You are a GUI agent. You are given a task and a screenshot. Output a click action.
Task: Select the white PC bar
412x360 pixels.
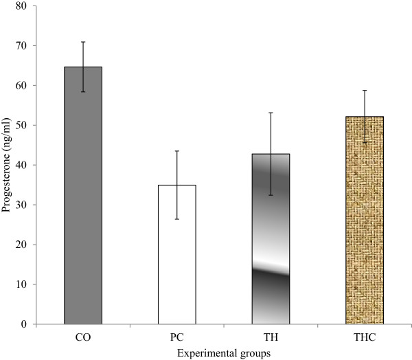coord(177,254)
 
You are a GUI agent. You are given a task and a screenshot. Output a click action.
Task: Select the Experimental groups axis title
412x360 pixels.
coord(224,352)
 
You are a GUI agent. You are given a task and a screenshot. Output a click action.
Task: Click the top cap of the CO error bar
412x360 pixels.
coord(83,42)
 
